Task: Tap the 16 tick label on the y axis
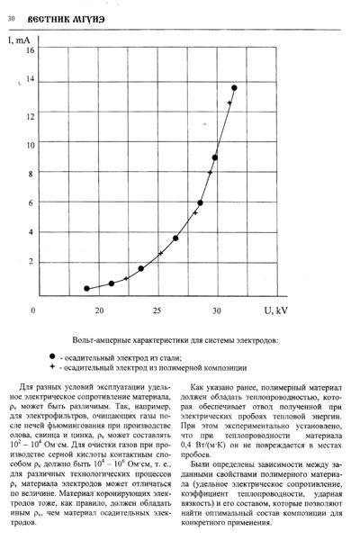pos(31,50)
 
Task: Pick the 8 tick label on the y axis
pos(31,174)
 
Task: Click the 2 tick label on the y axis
pos(31,262)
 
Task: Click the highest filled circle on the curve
pos(234,88)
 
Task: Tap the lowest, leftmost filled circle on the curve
pos(86,288)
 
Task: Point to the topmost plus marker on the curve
pos(229,103)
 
